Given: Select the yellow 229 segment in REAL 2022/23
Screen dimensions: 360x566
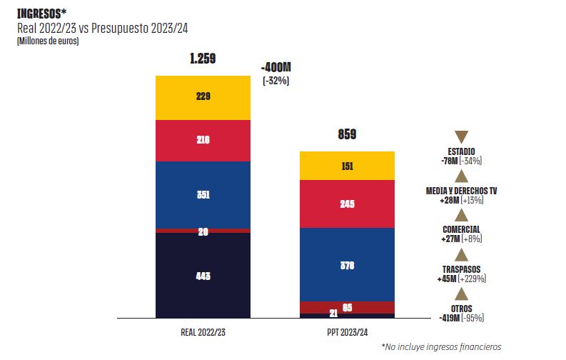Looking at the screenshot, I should point(203,97).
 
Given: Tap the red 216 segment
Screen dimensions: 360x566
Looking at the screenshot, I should point(203,141).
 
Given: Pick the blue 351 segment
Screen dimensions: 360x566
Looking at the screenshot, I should point(203,194).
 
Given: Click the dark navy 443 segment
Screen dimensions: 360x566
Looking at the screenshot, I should point(203,276).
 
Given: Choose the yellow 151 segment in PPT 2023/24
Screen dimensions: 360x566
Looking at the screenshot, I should point(347,166).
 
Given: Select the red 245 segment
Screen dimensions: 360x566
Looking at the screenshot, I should point(347,204).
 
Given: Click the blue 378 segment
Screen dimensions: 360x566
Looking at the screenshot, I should point(347,264).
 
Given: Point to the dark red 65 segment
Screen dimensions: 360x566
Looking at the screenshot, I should point(347,308).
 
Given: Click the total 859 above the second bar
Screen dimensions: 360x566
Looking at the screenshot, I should point(347,134).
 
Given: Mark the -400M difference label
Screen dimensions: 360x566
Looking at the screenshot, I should point(276,67).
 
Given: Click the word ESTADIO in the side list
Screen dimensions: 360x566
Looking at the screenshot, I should point(461,151).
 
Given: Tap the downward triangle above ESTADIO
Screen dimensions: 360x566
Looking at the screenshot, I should point(461,137).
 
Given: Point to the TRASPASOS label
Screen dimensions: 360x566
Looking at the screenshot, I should point(461,269).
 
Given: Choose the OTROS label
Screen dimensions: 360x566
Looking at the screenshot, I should point(461,308).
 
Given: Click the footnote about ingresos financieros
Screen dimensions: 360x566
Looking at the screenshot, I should point(440,347).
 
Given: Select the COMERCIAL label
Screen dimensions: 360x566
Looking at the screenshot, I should point(461,229).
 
